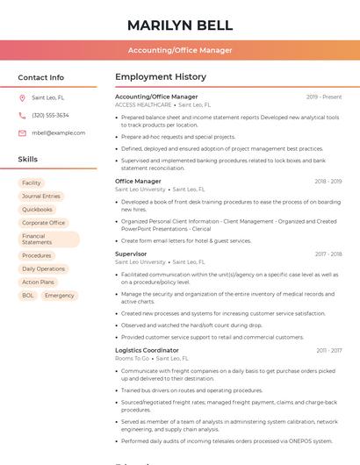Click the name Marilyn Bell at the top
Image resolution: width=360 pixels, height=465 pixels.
pos(180,25)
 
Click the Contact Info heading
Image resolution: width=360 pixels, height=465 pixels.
pos(40,77)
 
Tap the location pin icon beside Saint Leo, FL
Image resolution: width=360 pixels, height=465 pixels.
pos(22,97)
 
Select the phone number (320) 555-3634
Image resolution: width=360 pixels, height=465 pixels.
pos(50,115)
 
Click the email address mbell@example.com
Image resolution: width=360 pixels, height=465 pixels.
pos(58,132)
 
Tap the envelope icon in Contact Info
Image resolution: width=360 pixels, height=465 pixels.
pos(22,132)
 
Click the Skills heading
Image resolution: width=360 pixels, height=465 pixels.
pos(28,160)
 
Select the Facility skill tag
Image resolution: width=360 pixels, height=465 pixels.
pos(31,183)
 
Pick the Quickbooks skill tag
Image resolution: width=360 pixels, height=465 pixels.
pos(37,210)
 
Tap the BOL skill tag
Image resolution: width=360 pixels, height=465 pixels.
pos(28,296)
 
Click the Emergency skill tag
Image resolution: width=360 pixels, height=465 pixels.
pos(60,296)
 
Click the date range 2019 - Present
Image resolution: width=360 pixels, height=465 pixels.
pos(324,97)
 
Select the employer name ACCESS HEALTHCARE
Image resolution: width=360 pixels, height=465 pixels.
pos(143,104)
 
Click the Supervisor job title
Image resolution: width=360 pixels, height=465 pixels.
pos(131,254)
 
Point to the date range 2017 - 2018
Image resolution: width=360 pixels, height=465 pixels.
pos(328,254)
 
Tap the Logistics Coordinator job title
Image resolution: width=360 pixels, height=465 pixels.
pos(147,350)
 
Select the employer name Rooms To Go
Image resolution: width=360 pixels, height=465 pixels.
pos(132,358)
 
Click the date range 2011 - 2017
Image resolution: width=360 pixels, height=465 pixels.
pos(329,351)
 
